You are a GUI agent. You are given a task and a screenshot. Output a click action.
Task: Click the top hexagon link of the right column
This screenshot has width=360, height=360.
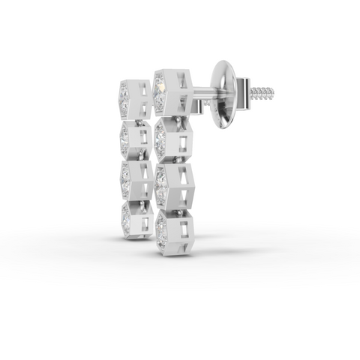click(173, 91)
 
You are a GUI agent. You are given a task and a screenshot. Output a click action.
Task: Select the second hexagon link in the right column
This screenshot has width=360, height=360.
click(173, 139)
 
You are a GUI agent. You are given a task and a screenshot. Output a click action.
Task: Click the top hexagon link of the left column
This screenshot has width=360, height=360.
click(135, 97)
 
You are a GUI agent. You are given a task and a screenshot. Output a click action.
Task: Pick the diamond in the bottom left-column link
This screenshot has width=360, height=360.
click(126, 218)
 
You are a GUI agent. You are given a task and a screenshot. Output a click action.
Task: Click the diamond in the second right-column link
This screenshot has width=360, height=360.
click(160, 139)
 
